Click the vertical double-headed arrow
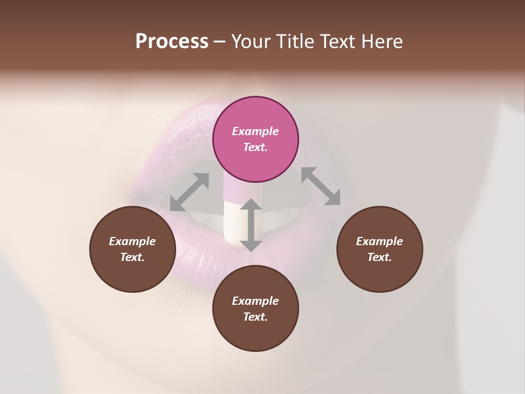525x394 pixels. pyautogui.click(x=250, y=225)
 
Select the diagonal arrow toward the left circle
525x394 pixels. pyautogui.click(x=189, y=192)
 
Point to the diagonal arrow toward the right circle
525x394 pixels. pyautogui.click(x=320, y=186)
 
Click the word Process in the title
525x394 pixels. pyautogui.click(x=172, y=42)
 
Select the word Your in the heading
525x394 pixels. pyautogui.click(x=252, y=42)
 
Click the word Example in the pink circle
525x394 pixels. pyautogui.click(x=255, y=131)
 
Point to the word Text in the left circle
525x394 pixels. pyautogui.click(x=132, y=257)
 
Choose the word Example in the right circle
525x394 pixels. pyautogui.click(x=379, y=241)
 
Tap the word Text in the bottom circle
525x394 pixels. pyautogui.click(x=255, y=317)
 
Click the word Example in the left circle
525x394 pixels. pyautogui.click(x=132, y=241)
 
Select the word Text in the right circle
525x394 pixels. pyautogui.click(x=379, y=257)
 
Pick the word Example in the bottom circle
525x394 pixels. pyautogui.click(x=255, y=301)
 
